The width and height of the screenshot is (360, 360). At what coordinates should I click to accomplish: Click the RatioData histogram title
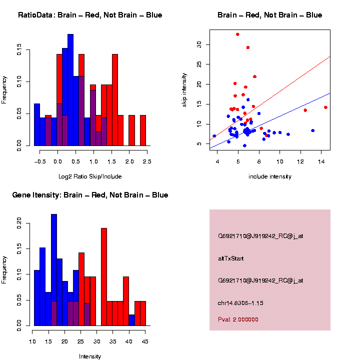90,15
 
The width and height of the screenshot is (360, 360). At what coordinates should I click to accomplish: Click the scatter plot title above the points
269,15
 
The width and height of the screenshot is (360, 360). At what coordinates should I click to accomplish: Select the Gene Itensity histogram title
90,194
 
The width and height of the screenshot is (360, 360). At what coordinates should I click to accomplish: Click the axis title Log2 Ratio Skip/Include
90,176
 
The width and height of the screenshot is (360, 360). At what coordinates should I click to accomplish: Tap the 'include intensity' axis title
269,176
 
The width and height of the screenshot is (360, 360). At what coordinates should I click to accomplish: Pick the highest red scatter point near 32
237,34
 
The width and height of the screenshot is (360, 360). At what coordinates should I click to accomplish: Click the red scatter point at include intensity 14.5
325,107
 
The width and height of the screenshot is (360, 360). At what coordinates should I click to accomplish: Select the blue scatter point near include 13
313,130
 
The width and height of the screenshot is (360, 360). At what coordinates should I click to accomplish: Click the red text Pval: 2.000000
238,319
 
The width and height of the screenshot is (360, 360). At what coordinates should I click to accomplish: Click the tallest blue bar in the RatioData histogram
70,90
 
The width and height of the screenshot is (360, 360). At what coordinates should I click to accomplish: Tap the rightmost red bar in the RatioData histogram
142,130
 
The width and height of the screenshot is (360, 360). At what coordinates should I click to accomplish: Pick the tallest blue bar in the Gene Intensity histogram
54,270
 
